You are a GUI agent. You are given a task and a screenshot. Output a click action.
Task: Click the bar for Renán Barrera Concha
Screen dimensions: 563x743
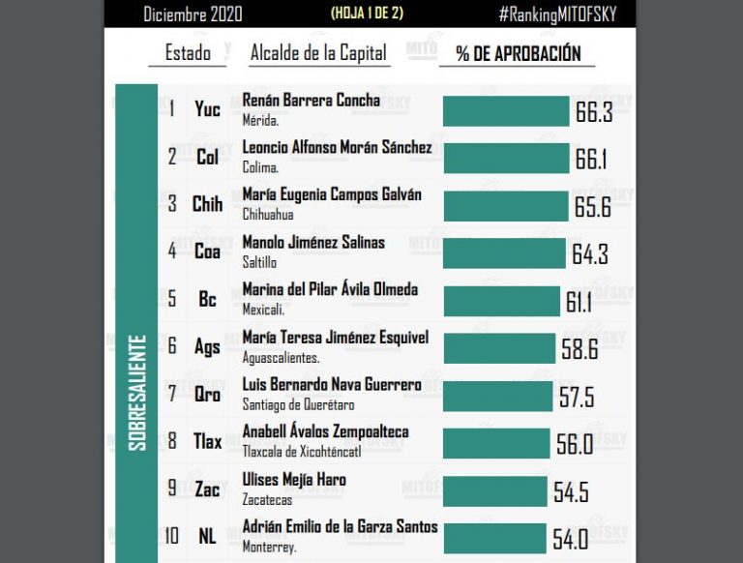[505, 110]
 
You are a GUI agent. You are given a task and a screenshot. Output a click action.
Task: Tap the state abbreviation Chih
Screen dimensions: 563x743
[207, 204]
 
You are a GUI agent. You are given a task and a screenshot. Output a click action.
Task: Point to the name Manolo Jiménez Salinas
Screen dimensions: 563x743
[312, 242]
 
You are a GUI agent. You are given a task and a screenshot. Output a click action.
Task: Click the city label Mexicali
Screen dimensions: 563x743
[262, 310]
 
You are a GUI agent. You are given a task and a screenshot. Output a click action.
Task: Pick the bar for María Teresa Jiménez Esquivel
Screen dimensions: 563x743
[498, 348]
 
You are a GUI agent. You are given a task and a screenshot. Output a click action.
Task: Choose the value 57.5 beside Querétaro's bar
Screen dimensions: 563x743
[576, 396]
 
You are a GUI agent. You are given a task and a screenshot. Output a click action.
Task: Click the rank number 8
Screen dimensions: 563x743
[172, 441]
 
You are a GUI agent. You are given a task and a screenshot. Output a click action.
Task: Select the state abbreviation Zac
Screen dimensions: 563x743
[207, 489]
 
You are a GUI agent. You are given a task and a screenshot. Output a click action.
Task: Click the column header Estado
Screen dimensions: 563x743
[188, 53]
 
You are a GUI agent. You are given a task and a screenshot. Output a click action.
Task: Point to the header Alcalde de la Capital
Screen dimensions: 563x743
[318, 53]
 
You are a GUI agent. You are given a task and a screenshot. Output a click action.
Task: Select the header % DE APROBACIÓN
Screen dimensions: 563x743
[519, 54]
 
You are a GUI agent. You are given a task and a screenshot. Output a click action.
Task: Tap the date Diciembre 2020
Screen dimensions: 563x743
[193, 15]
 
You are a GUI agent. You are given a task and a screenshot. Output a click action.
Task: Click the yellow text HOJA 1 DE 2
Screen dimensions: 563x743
[369, 14]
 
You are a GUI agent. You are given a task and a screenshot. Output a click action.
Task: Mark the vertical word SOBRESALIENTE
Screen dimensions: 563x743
[137, 392]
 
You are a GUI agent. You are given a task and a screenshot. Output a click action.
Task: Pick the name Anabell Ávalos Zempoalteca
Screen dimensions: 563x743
[325, 431]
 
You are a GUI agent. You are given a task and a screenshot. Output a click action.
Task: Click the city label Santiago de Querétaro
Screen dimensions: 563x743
[298, 404]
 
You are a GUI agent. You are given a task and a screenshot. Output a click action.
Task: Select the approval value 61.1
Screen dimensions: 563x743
[580, 301]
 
